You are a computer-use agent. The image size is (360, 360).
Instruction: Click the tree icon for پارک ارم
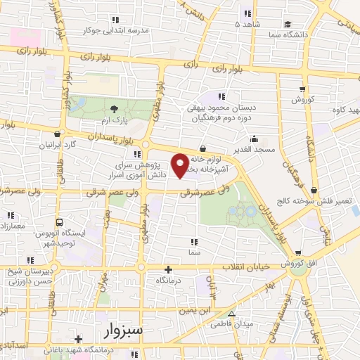click(115, 107)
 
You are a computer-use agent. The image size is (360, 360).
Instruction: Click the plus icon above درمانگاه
click(167, 269)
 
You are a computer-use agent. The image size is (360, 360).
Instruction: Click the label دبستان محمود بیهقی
click(222, 108)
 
